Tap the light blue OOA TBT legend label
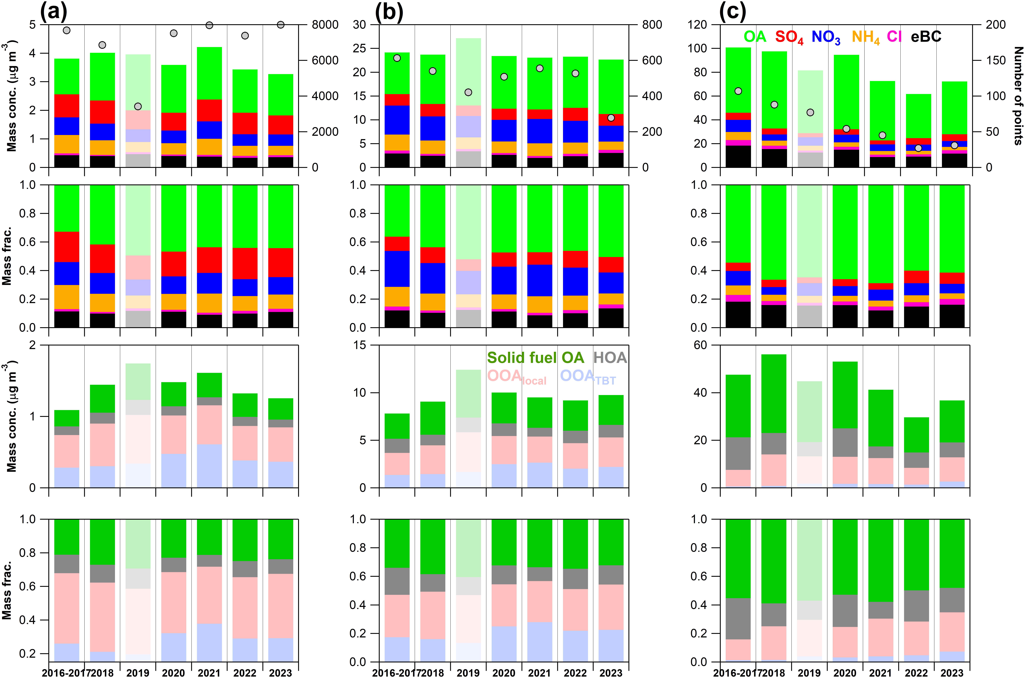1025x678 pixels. (588, 377)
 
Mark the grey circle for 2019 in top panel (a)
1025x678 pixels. (138, 106)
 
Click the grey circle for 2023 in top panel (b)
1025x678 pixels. (611, 118)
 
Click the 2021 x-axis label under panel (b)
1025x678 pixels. (540, 672)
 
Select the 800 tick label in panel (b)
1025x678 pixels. (652, 25)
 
